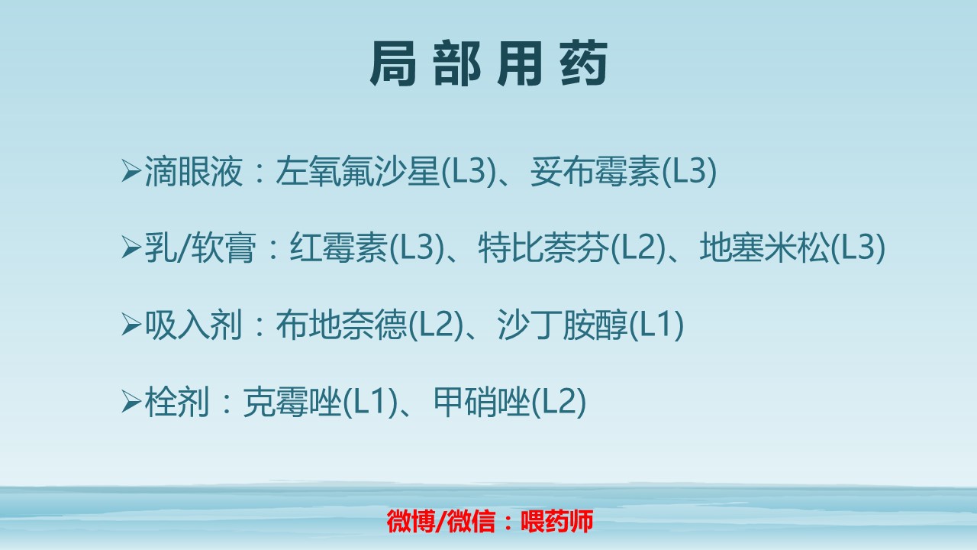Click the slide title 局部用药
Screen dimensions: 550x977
(x=488, y=65)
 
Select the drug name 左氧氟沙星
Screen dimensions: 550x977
(x=359, y=173)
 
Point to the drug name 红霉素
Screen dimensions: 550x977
(x=338, y=249)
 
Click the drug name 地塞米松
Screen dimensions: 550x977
(x=764, y=249)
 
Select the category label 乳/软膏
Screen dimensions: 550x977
(x=200, y=249)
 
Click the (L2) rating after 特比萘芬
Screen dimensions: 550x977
(x=638, y=249)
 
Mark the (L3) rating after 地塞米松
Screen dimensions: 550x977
(x=858, y=249)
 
